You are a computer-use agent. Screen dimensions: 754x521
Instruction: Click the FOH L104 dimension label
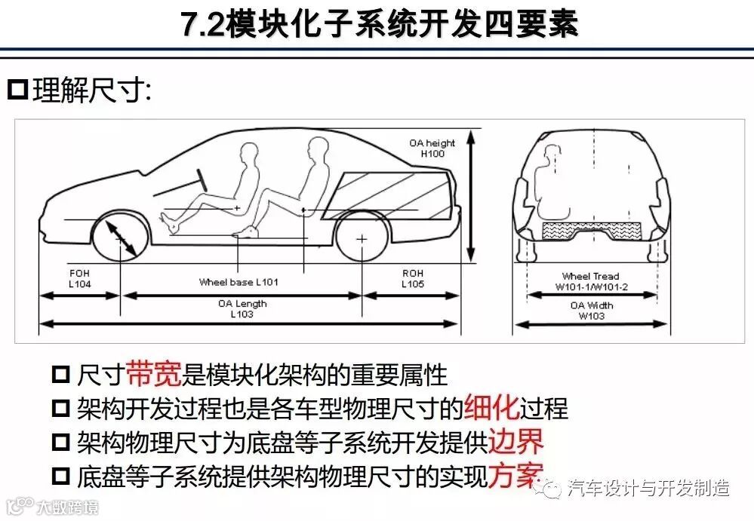tap(79, 278)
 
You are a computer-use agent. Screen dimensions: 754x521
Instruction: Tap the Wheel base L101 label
tap(239, 282)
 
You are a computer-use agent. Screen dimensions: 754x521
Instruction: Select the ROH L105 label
tap(413, 278)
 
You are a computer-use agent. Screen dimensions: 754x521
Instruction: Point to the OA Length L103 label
tap(242, 309)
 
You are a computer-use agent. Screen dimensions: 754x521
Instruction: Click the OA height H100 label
tap(432, 149)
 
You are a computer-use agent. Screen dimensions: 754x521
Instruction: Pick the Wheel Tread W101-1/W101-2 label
tap(591, 281)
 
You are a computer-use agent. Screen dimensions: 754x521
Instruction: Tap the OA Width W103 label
tap(592, 311)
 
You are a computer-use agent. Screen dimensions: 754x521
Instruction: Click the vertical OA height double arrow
tap(471, 196)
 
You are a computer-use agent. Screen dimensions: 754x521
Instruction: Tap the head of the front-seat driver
tap(248, 153)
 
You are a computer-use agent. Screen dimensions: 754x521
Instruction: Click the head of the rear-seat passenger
tap(318, 149)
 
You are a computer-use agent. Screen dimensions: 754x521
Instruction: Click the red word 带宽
tap(154, 373)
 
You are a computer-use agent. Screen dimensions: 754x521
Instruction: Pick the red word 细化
tap(491, 407)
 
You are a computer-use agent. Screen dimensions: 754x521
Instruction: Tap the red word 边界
tap(515, 441)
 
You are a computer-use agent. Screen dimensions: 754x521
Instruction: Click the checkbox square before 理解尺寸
tap(18, 90)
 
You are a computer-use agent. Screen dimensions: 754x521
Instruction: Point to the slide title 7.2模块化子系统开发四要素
tap(380, 23)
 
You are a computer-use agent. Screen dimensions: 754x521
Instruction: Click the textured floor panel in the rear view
tap(592, 231)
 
